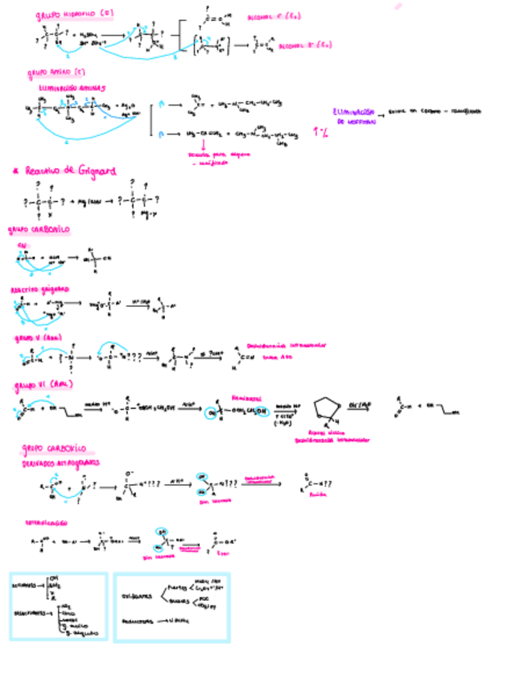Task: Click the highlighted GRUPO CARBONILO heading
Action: pyautogui.click(x=39, y=230)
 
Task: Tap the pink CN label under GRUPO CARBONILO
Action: pyautogui.click(x=23, y=243)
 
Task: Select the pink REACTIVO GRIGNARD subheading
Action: pyautogui.click(x=40, y=288)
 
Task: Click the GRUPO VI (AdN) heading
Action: pyautogui.click(x=44, y=386)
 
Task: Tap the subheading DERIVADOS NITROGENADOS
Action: pyautogui.click(x=61, y=463)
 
